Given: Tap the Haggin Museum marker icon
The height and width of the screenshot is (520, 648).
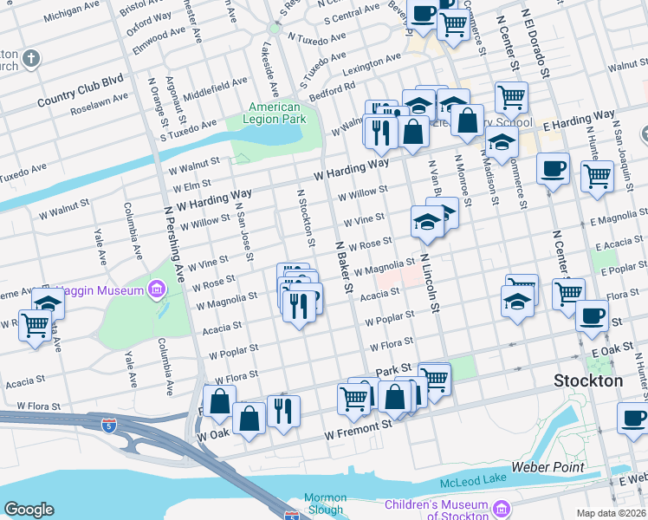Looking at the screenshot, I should (157, 288).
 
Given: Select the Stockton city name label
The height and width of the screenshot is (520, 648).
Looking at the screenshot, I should (588, 380).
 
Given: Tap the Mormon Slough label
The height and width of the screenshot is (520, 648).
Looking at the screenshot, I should (326, 504).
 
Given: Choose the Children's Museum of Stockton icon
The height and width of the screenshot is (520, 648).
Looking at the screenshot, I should (502, 507).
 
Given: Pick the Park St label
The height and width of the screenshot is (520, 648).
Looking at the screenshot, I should (392, 371).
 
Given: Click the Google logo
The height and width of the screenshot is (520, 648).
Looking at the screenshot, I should (29, 510).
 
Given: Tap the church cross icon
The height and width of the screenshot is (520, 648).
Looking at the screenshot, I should (31, 59).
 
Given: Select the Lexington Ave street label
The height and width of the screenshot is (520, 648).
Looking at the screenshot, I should (371, 63).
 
